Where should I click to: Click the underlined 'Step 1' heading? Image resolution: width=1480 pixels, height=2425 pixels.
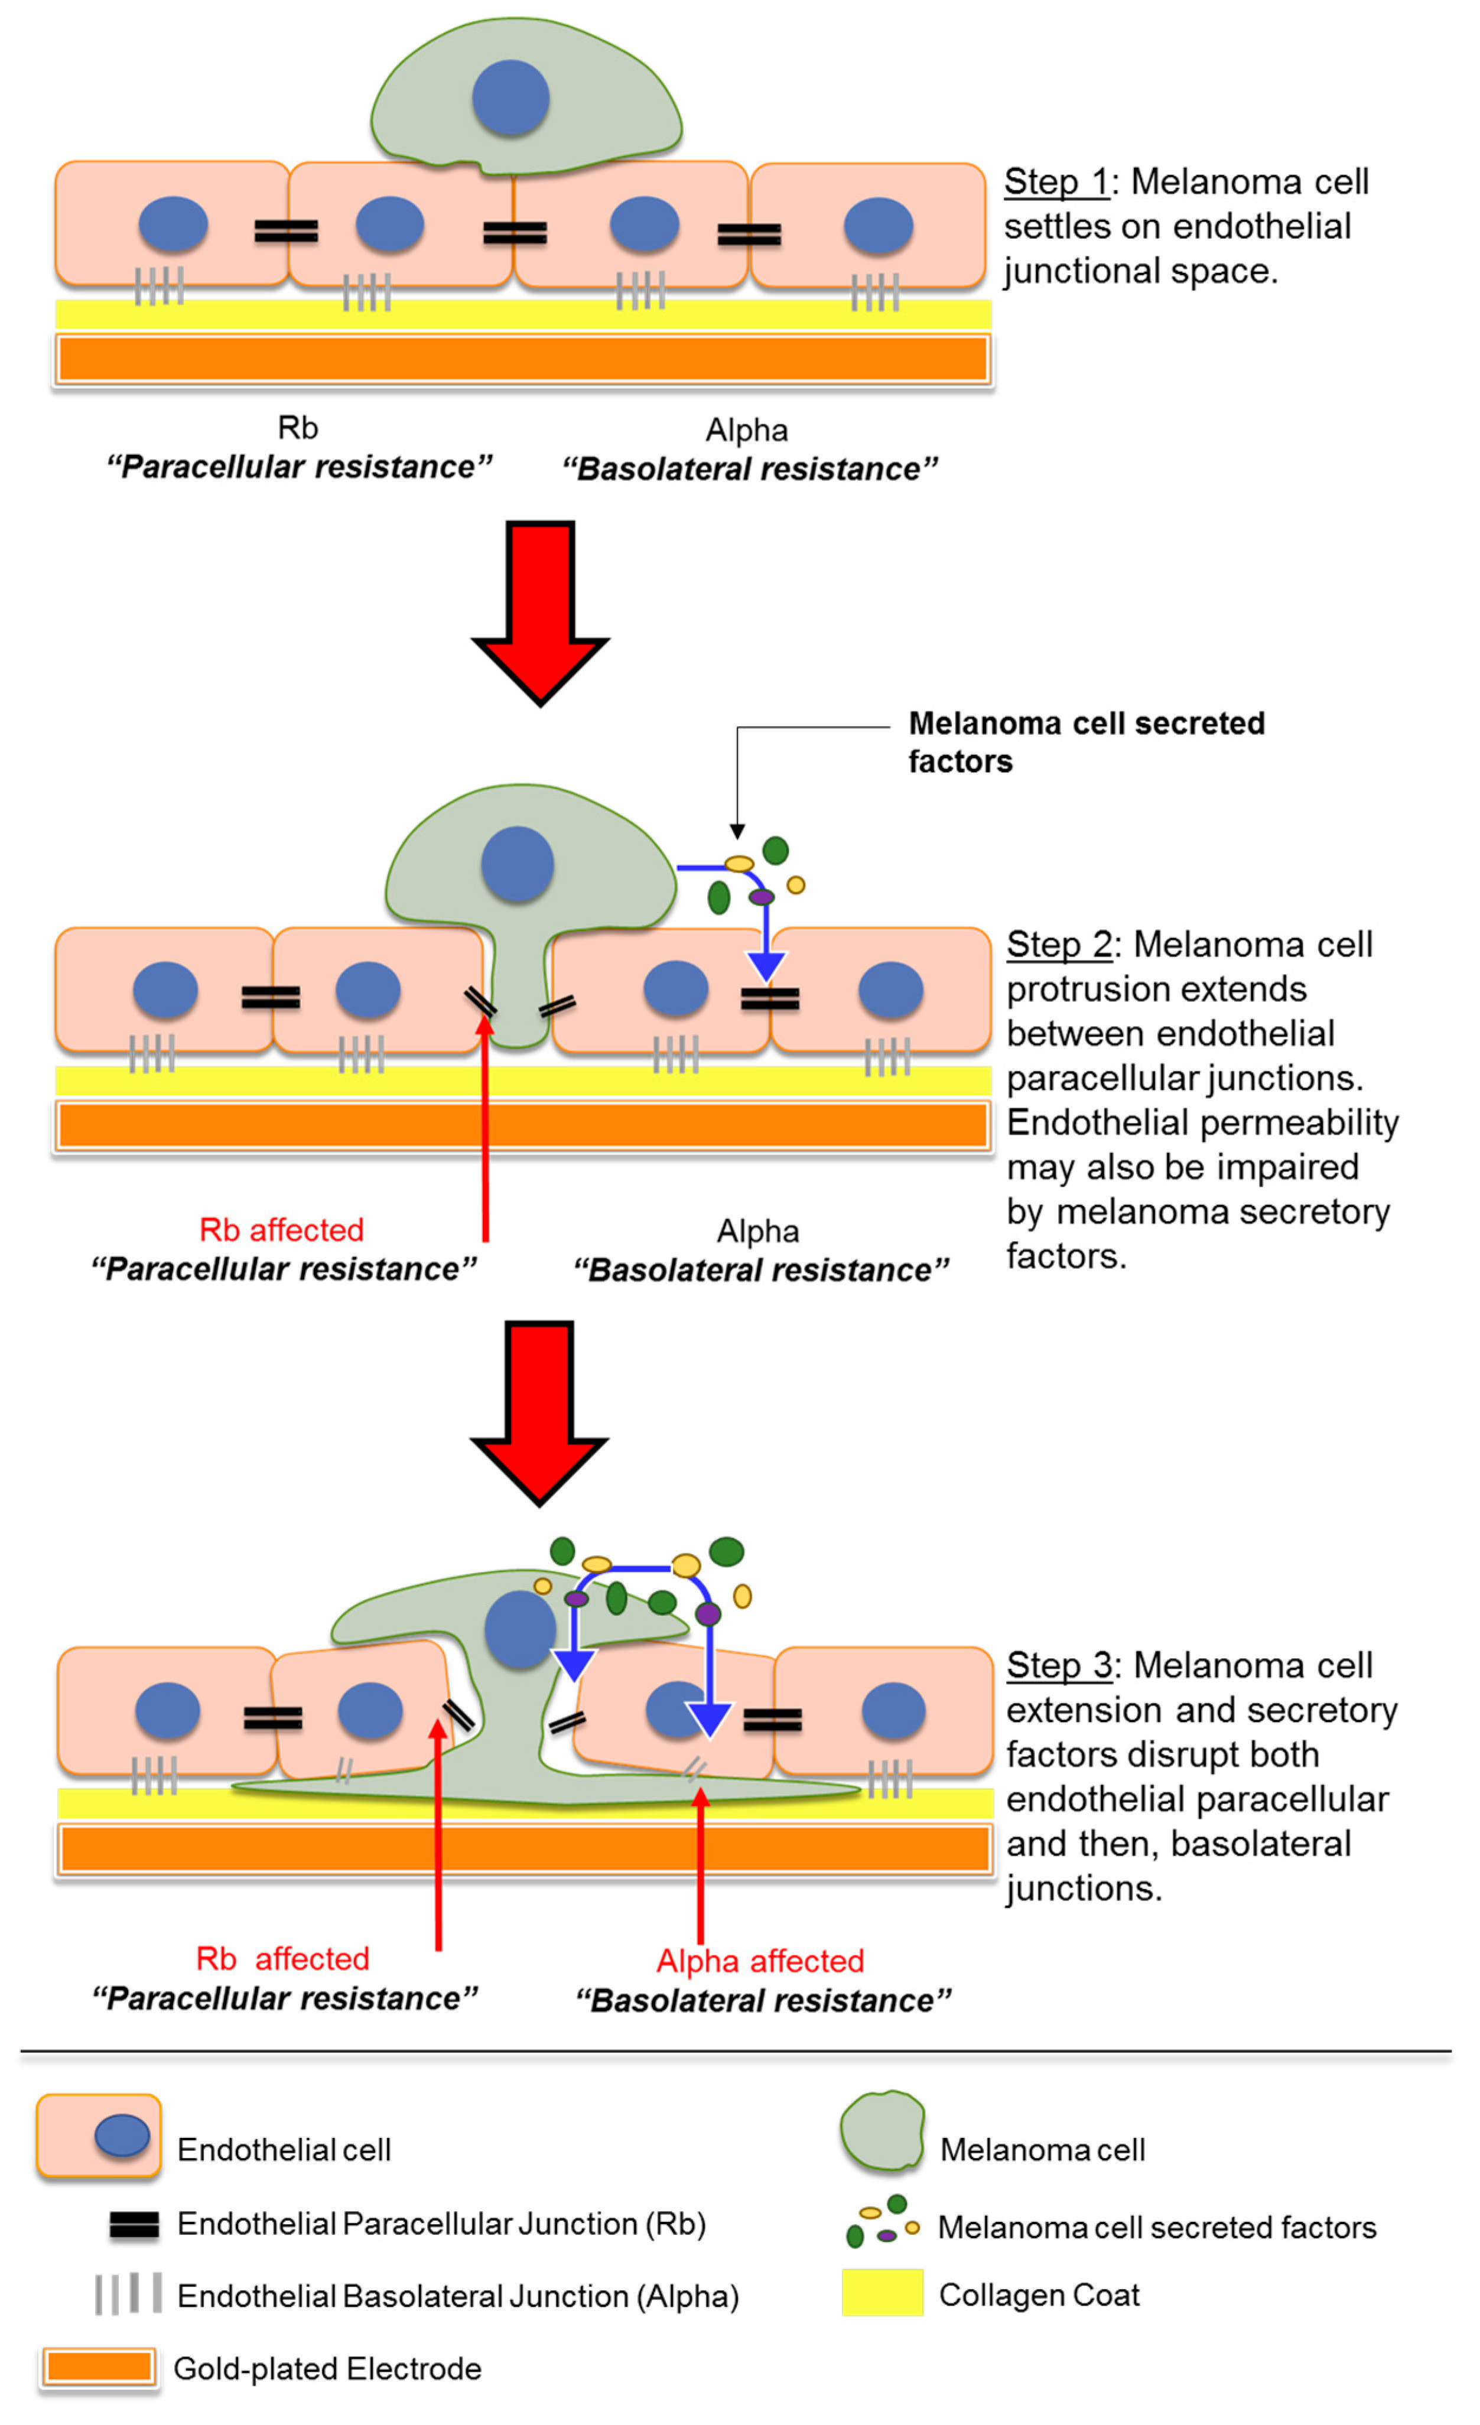[1056, 182]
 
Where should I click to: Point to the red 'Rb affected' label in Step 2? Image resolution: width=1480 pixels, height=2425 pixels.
[281, 1230]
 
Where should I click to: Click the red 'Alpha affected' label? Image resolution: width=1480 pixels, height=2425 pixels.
[760, 1961]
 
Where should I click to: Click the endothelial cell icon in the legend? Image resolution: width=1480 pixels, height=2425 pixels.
[99, 2136]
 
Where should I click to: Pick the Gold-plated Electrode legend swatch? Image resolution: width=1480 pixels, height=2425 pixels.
[99, 2367]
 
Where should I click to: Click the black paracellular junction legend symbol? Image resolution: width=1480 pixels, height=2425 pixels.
[134, 2224]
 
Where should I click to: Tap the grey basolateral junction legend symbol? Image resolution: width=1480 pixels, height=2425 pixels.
[128, 2293]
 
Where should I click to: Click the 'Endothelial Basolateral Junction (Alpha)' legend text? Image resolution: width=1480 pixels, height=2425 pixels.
[457, 2296]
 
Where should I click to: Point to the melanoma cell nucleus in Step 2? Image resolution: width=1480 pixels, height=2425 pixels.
[516, 864]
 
